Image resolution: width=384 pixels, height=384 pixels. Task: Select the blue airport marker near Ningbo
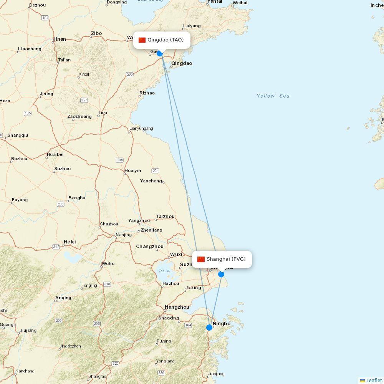(x=209, y=328)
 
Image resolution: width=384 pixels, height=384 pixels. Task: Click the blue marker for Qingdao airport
(x=160, y=53)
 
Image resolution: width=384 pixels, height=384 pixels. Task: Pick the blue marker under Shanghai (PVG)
(x=221, y=274)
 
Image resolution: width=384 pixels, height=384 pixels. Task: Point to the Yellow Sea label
(x=273, y=96)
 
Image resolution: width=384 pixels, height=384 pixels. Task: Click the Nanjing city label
(x=124, y=235)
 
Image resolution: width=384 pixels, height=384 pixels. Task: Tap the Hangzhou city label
(x=177, y=307)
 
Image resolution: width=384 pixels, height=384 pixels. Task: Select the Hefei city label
(x=70, y=242)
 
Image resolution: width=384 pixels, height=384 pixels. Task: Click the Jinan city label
(x=60, y=39)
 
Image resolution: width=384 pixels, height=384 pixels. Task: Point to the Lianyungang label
(x=141, y=129)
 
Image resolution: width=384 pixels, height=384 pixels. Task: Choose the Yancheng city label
(x=151, y=181)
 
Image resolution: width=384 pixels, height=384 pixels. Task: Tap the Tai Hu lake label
(x=164, y=271)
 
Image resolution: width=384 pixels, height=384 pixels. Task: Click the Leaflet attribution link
(x=374, y=380)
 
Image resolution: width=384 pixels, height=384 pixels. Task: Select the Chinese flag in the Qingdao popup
(x=142, y=40)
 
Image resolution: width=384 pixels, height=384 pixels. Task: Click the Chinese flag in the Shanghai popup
(x=201, y=259)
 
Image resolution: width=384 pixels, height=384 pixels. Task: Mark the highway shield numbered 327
(x=84, y=100)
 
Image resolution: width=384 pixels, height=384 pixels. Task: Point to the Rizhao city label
(x=147, y=93)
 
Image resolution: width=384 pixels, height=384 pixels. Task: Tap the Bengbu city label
(x=77, y=198)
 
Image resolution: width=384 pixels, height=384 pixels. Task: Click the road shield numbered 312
(x=56, y=247)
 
